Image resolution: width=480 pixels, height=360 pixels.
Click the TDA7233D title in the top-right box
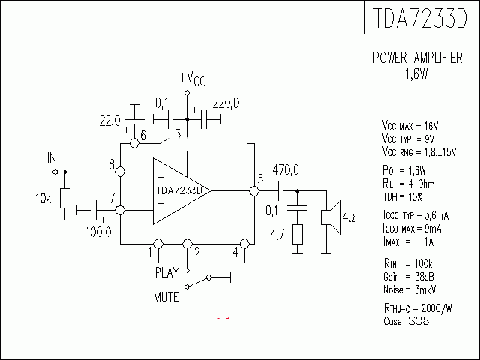click(x=421, y=18)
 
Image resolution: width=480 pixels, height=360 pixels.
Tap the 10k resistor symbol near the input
click(x=64, y=199)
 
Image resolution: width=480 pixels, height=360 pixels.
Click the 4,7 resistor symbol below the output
click(x=298, y=235)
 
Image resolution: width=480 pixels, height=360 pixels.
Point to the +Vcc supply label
click(x=192, y=79)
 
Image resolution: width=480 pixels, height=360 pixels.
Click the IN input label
click(x=52, y=157)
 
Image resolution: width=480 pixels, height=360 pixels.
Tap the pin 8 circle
click(x=120, y=172)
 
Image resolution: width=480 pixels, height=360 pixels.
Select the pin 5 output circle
click(x=253, y=190)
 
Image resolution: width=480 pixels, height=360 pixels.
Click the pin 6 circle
click(x=133, y=142)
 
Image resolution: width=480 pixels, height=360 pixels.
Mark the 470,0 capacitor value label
click(x=285, y=169)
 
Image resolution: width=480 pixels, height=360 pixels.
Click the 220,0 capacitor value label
click(x=226, y=103)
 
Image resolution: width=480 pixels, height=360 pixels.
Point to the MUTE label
click(x=166, y=297)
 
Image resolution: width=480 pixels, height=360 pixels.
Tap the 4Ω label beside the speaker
click(x=349, y=218)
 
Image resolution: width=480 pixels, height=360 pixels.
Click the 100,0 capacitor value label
click(x=97, y=232)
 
